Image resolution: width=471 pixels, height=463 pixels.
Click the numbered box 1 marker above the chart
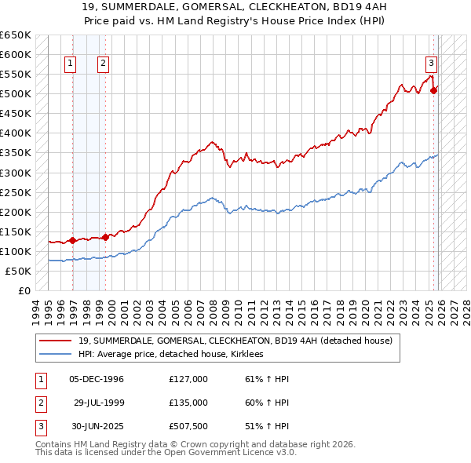pos(71,64)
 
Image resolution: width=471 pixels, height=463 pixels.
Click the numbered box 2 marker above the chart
pos(104,64)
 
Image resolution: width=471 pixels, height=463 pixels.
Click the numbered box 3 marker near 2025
pos(431,64)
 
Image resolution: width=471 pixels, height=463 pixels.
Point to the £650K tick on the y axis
pos(16,35)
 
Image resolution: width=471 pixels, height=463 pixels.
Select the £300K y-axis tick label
pos(16,173)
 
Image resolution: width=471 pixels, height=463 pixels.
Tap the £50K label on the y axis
pos(19,271)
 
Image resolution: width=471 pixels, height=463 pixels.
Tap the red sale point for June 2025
pos(434,90)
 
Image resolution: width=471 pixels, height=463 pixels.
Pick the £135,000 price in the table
pos(188,403)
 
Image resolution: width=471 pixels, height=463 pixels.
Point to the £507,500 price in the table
pos(188,426)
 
